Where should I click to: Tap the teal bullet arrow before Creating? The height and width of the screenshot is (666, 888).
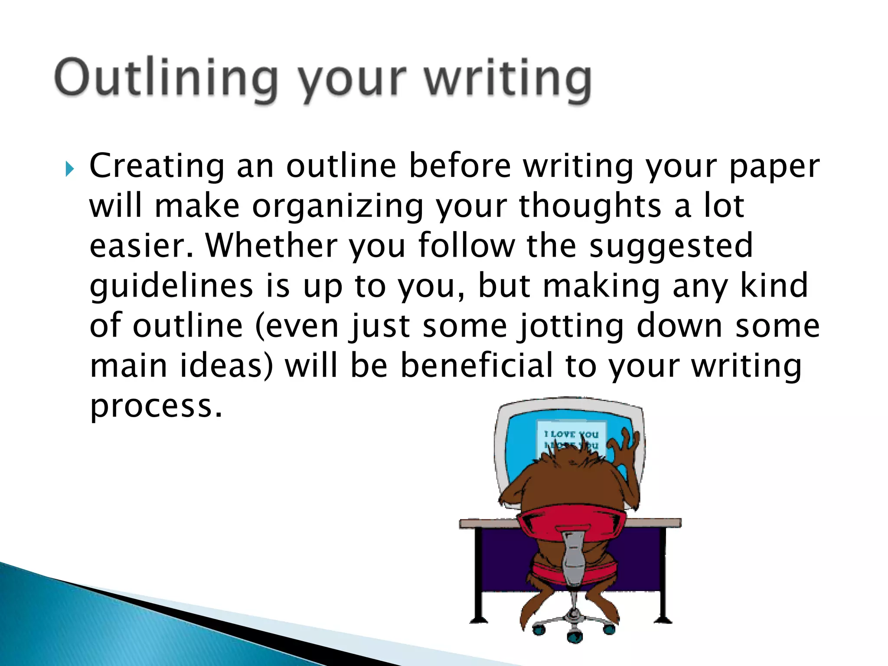coord(69,169)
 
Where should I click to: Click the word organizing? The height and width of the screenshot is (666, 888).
coord(338,206)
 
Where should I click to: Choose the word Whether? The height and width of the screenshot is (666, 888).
coord(271,246)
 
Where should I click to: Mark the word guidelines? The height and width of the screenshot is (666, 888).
coord(171,287)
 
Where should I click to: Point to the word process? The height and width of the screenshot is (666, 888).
coord(156,407)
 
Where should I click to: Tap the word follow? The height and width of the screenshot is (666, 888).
coord(467,246)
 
